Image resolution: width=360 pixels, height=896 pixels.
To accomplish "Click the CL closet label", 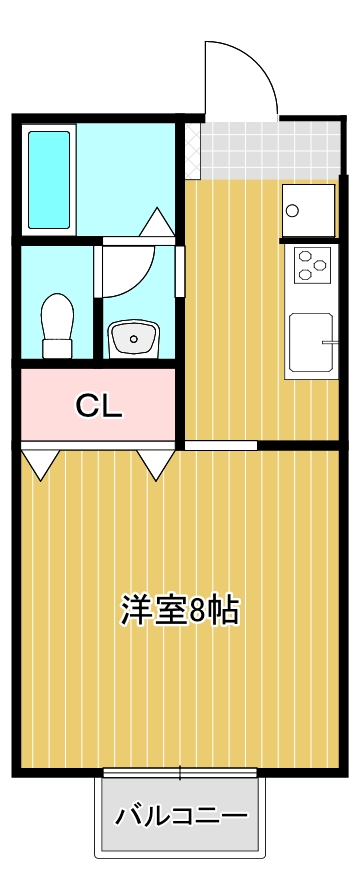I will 99,405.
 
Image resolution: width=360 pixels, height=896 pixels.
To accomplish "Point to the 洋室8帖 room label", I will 180,610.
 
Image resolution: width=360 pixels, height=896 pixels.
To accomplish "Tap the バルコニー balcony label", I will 180,816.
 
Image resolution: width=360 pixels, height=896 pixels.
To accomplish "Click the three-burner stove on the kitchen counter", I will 311,266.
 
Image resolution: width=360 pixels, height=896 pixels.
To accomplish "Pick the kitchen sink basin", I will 309,343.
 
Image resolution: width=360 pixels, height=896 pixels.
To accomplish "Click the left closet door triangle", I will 40,463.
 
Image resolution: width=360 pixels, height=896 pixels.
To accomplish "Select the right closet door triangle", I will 156,463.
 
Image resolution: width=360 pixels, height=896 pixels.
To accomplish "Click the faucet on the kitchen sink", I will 327,343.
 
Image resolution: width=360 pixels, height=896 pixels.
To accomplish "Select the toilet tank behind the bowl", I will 57,348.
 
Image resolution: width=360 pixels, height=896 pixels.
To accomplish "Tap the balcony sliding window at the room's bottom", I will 180,772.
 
